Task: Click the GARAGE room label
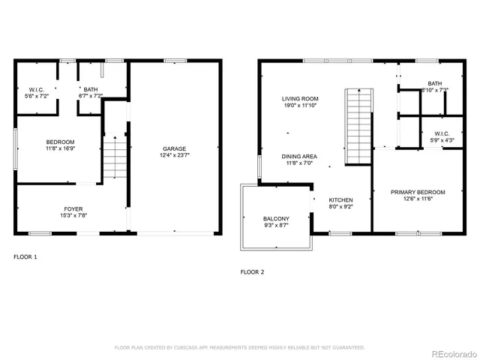pyautogui.click(x=174, y=148)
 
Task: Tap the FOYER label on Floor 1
pyautogui.click(x=73, y=208)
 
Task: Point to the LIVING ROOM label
pyautogui.click(x=301, y=98)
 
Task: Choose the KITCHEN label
pyautogui.click(x=341, y=199)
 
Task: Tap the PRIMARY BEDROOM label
pyautogui.click(x=418, y=192)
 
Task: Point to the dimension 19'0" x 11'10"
pyautogui.click(x=301, y=106)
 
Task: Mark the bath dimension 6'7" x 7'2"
pyautogui.click(x=91, y=97)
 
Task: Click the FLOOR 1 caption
pyautogui.click(x=25, y=256)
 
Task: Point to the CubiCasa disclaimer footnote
pyautogui.click(x=239, y=347)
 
